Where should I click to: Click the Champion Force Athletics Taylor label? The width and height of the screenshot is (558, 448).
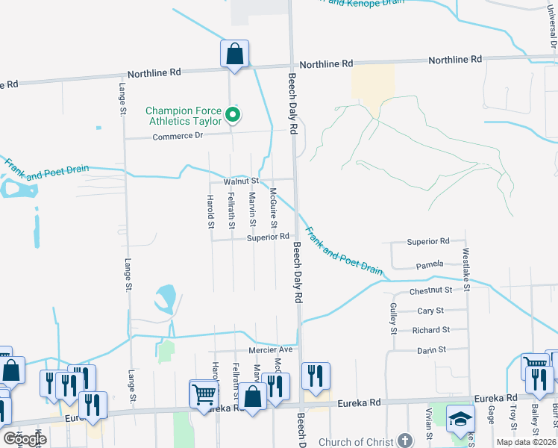click(x=183, y=115)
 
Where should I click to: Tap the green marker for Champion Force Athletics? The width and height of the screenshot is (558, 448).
click(x=233, y=114)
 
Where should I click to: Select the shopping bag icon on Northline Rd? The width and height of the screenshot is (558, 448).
click(x=234, y=54)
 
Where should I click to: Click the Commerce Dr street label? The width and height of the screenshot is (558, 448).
click(x=178, y=137)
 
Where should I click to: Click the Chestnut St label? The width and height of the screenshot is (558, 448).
click(x=431, y=290)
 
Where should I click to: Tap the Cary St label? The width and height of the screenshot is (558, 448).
click(x=430, y=311)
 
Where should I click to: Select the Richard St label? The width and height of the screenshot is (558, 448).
click(x=430, y=330)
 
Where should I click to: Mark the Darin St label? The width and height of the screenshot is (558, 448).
click(x=430, y=349)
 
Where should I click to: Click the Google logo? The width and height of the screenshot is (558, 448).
click(x=24, y=439)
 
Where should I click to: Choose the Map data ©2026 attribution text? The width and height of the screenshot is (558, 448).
click(x=526, y=443)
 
